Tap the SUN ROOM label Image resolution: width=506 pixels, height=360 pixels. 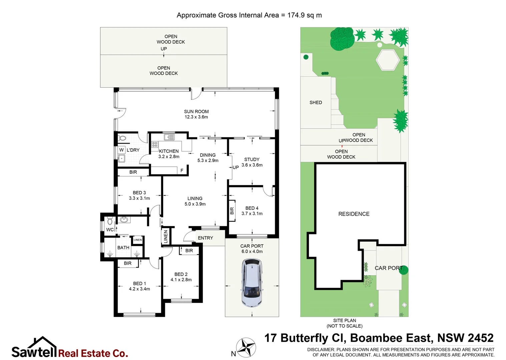196,112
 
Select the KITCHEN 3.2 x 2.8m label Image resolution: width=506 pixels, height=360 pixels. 169,154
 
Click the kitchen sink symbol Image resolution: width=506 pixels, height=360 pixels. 169,137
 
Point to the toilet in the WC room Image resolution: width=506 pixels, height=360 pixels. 110,221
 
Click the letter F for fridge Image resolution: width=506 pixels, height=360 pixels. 182,170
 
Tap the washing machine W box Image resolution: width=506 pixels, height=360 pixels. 121,150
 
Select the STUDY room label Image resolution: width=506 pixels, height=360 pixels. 252,159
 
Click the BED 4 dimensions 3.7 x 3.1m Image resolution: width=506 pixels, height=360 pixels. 252,214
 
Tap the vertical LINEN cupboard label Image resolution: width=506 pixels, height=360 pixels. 166,237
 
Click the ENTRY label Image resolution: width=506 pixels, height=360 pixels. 205,238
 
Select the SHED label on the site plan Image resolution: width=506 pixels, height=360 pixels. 316,103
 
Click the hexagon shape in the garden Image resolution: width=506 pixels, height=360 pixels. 388,60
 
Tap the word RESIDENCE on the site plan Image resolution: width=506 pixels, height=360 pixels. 354,214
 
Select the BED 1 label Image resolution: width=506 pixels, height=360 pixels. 139,283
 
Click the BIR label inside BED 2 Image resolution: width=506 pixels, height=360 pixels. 189,251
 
